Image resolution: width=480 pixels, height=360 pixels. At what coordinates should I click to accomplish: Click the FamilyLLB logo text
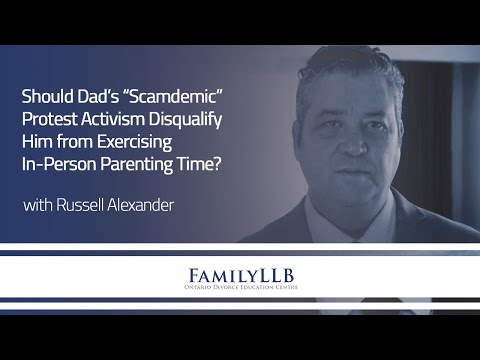click(240, 273)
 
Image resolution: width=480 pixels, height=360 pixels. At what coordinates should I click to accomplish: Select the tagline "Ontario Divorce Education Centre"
click(240, 291)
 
